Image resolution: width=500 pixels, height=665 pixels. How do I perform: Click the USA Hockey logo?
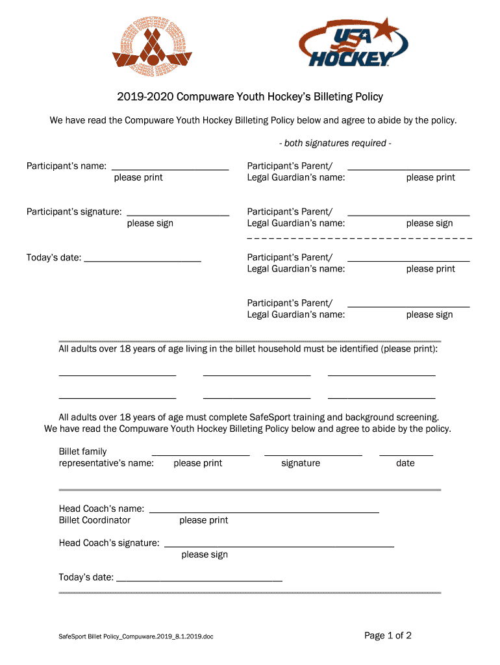[x=354, y=43]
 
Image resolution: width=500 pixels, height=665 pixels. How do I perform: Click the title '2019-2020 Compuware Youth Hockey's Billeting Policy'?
[x=250, y=97]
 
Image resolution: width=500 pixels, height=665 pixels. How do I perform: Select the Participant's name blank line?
[x=170, y=169]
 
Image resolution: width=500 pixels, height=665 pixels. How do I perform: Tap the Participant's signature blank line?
[x=178, y=214]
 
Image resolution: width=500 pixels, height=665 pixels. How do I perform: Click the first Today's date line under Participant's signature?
[x=142, y=260]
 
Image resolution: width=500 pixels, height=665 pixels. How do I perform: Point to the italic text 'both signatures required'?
[x=335, y=143]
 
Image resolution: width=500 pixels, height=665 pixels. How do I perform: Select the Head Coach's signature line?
[x=279, y=546]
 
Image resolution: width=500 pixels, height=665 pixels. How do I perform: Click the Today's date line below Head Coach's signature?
[x=199, y=580]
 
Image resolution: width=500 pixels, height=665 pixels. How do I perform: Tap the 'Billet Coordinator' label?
[x=95, y=520]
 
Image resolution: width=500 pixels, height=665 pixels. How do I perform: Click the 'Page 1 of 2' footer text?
[x=388, y=636]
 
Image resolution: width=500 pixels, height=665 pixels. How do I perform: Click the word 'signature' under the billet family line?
[x=300, y=463]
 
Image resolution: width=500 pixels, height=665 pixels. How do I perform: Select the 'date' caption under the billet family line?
[x=405, y=463]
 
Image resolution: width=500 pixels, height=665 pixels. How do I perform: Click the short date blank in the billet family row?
[x=406, y=455]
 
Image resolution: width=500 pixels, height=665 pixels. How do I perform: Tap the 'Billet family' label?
[x=82, y=451]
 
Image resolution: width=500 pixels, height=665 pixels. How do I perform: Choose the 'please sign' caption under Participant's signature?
[x=150, y=223]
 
